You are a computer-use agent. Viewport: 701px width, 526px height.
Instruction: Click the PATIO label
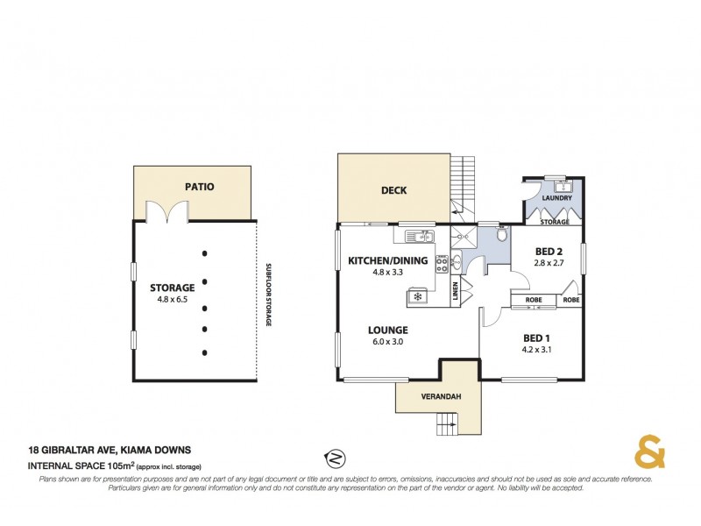click(200, 187)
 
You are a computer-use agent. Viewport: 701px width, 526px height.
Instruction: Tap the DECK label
click(393, 190)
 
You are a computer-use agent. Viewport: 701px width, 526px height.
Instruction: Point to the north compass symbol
click(335, 457)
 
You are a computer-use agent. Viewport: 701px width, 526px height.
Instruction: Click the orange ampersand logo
click(649, 453)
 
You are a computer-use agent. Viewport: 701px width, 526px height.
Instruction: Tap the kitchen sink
click(420, 236)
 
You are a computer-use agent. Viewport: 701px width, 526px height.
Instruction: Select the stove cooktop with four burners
click(443, 262)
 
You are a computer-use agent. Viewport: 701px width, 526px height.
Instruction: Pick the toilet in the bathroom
click(500, 235)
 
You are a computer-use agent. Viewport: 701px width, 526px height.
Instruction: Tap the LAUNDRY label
click(556, 198)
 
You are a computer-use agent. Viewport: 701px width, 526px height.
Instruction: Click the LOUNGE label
click(388, 330)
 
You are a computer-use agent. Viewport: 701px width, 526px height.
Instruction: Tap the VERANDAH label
click(438, 396)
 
